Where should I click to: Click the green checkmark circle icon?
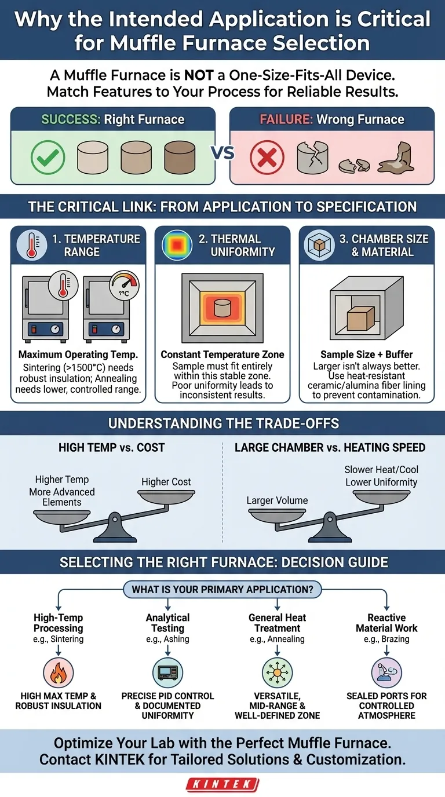(48, 156)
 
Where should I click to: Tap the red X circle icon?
(267, 156)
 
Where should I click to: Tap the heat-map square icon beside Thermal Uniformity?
(174, 245)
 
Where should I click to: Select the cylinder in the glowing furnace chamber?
(222, 308)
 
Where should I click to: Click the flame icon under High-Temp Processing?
(59, 672)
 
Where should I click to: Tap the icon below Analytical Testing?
(168, 672)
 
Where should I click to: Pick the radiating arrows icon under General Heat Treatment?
(277, 672)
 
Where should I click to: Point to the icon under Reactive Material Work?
(386, 672)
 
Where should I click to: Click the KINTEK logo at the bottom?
(222, 784)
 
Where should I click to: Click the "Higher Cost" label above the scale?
(166, 482)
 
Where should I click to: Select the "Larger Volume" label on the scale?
(277, 500)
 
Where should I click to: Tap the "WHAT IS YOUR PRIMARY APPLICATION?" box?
(222, 590)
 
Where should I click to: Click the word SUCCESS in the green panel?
(69, 120)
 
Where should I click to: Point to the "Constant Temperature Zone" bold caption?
(222, 354)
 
